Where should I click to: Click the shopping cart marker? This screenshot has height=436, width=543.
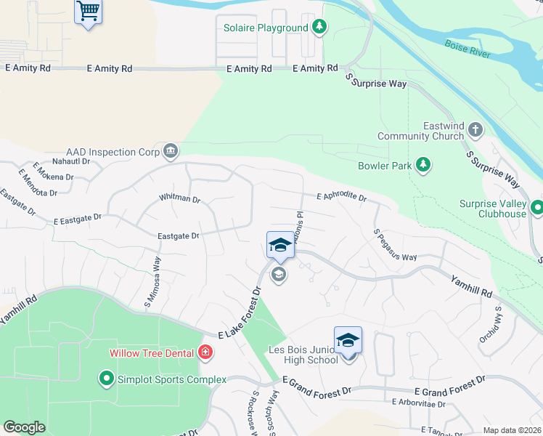(x=88, y=11)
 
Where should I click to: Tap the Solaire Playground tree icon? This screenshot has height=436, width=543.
(x=319, y=28)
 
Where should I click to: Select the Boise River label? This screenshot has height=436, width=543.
(x=468, y=49)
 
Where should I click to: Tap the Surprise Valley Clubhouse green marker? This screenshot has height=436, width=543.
(x=537, y=209)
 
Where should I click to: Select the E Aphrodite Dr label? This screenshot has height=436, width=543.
(x=341, y=197)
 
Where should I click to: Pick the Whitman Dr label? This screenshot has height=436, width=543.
(x=179, y=198)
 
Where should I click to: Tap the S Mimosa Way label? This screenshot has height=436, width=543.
(x=157, y=272)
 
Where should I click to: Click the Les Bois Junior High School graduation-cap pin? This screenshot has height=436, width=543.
(x=348, y=340)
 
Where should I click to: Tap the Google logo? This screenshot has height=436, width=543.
(x=24, y=427)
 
